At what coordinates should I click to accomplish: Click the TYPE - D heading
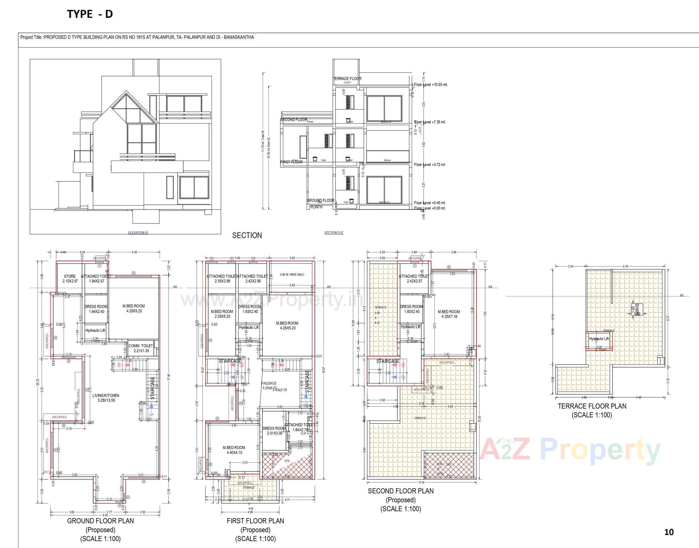pyautogui.click(x=90, y=14)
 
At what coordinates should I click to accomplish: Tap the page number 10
pyautogui.click(x=669, y=532)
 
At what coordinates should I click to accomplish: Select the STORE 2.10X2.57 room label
pyautogui.click(x=70, y=279)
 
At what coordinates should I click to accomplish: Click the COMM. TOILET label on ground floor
pyautogui.click(x=141, y=348)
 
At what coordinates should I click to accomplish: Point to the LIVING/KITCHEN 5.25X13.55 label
pyautogui.click(x=106, y=398)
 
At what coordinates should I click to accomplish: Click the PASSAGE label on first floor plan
pyautogui.click(x=269, y=383)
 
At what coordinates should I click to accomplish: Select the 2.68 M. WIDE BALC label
pyautogui.click(x=292, y=275)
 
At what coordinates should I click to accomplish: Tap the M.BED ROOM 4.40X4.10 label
pyautogui.click(x=234, y=450)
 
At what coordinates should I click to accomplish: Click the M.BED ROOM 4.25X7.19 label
pyautogui.click(x=449, y=314)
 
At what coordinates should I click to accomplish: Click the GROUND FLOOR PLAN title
pyautogui.click(x=100, y=521)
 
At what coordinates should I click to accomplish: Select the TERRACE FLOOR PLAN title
pyautogui.click(x=592, y=406)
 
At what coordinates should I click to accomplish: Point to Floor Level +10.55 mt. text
pyautogui.click(x=431, y=84)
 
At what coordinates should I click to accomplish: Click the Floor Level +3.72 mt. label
pyautogui.click(x=430, y=164)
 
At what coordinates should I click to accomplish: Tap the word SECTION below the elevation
pyautogui.click(x=247, y=235)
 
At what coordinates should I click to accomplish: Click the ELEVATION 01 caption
pyautogui.click(x=138, y=233)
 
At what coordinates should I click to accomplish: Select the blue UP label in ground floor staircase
pyautogui.click(x=151, y=415)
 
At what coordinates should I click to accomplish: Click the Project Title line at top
pyautogui.click(x=137, y=37)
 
